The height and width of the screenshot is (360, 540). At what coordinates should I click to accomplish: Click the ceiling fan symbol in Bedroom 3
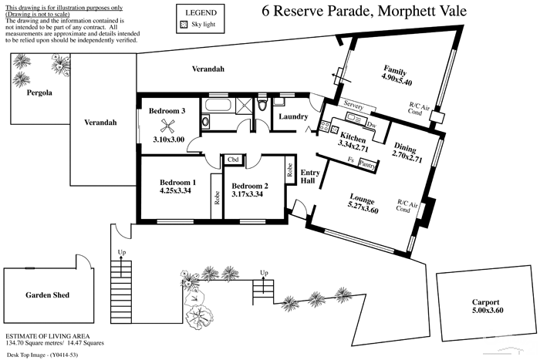(x=167, y=126)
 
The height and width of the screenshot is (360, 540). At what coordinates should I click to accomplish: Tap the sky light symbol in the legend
(x=184, y=25)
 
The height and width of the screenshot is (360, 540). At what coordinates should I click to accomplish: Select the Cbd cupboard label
(x=233, y=160)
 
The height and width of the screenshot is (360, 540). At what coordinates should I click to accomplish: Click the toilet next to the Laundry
(x=262, y=103)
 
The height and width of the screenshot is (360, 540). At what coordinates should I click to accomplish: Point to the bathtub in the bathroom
(x=218, y=106)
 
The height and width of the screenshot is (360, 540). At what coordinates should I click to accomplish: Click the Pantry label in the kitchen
(x=367, y=164)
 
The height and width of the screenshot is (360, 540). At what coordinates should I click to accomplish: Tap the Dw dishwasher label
(x=372, y=125)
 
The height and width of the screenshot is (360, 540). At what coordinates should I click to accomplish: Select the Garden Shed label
(x=48, y=295)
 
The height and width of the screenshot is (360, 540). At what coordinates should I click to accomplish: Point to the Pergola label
(x=39, y=93)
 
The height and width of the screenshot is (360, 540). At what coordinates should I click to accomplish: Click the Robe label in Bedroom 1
(x=217, y=198)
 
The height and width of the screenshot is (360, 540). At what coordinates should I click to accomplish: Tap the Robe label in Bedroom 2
(x=289, y=170)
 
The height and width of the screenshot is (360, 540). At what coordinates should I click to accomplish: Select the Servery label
(x=353, y=106)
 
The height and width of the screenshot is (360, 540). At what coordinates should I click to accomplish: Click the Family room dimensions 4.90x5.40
(x=397, y=80)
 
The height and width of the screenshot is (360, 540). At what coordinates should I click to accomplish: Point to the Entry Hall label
(x=310, y=177)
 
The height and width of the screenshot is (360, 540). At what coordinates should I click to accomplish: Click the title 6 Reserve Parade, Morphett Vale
(x=364, y=11)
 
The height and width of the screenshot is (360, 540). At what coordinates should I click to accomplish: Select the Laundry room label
(x=293, y=116)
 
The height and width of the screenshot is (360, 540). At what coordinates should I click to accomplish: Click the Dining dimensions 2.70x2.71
(x=407, y=157)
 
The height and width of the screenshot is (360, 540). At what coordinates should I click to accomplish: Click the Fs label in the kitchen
(x=351, y=160)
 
